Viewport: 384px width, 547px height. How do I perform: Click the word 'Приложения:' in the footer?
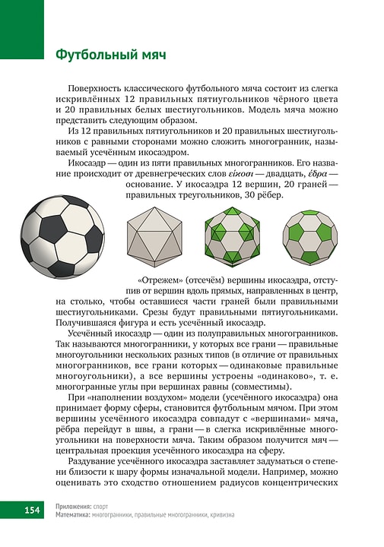[x=74, y=505]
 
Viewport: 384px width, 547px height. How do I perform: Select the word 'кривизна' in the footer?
[x=220, y=514]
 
